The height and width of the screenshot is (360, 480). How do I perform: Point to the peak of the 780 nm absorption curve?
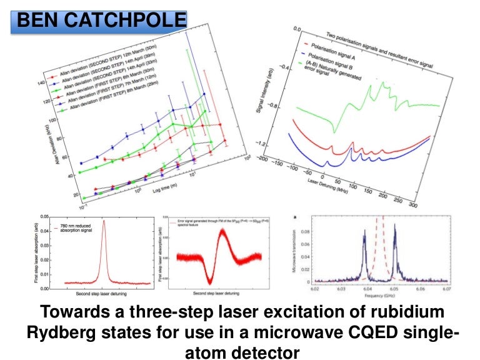[x=104, y=221]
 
